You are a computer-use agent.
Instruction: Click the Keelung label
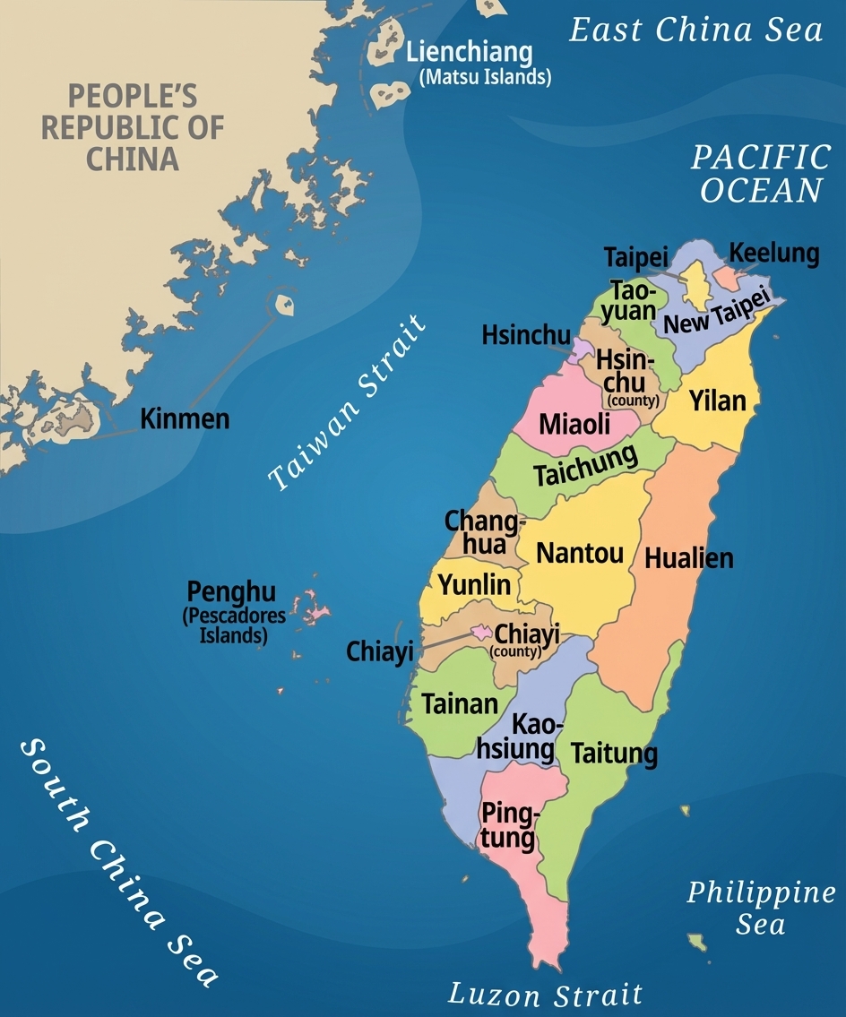(774, 254)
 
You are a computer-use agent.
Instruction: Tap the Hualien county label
(688, 558)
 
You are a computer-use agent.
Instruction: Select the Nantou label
(580, 553)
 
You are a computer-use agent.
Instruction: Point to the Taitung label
(614, 753)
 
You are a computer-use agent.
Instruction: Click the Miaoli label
(574, 424)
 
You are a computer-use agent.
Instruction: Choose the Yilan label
(717, 401)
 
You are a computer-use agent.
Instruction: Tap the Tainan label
(460, 703)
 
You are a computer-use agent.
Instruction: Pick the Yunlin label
(474, 585)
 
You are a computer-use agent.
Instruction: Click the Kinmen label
(185, 418)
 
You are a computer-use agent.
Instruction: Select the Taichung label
(586, 465)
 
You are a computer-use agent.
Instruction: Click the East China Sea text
(696, 30)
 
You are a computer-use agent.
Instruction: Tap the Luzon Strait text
(545, 994)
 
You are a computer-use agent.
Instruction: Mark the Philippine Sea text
(760, 908)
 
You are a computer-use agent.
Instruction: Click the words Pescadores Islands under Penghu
(234, 625)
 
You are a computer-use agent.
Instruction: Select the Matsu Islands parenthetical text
(485, 77)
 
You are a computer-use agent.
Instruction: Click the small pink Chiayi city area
(482, 633)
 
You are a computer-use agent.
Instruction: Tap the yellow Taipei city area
(696, 285)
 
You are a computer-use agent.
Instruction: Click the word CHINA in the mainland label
(133, 159)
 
